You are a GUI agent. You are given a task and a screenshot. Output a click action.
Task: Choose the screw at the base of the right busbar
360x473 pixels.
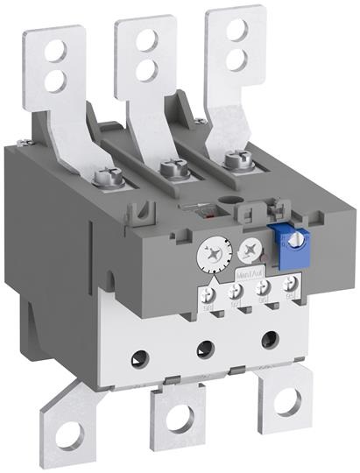coord(233,159)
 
